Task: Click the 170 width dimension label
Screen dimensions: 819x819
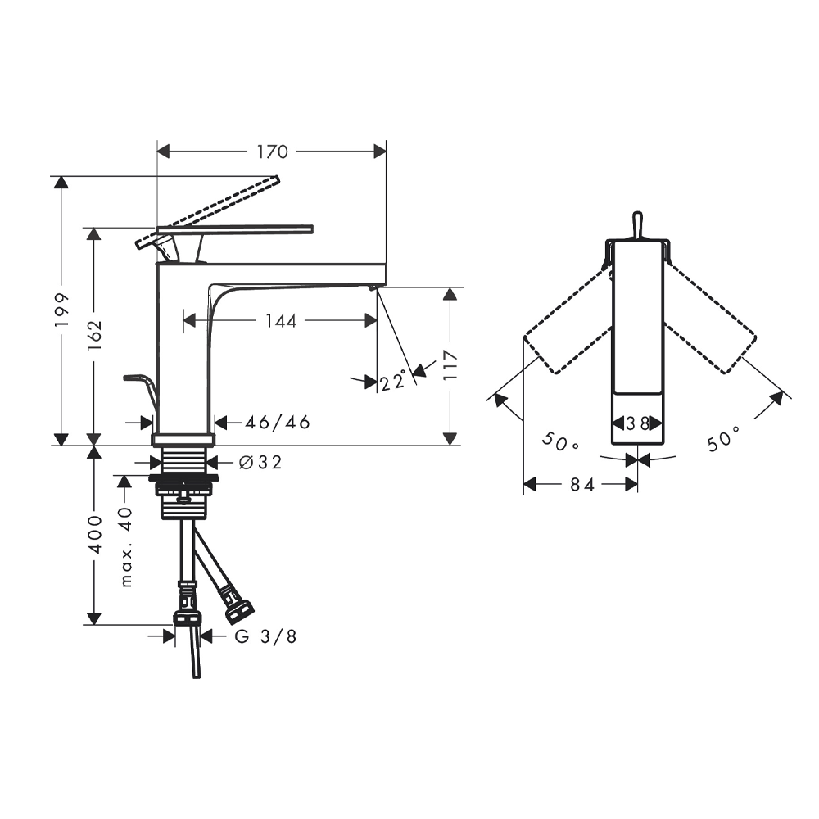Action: click(272, 152)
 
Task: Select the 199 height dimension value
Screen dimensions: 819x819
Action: click(62, 310)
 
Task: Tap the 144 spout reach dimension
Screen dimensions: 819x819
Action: click(281, 321)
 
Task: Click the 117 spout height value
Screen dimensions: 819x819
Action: click(450, 365)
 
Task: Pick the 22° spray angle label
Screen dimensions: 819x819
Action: click(393, 380)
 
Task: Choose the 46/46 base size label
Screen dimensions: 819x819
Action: click(278, 422)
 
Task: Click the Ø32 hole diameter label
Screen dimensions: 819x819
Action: click(260, 462)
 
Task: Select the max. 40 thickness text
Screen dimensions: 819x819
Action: click(126, 547)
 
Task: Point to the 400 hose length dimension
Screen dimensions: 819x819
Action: click(94, 534)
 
